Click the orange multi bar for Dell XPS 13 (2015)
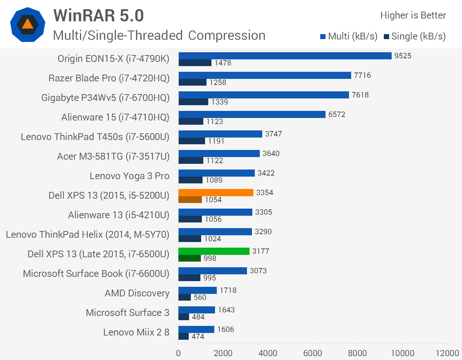[x=216, y=193]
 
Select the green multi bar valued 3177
[x=214, y=251]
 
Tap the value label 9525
[x=403, y=56]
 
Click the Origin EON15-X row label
[x=113, y=59]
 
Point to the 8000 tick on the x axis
[x=357, y=353]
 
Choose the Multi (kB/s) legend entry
[x=349, y=36]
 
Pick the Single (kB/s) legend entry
[x=415, y=36]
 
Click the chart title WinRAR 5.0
[x=98, y=16]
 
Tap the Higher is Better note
[x=413, y=15]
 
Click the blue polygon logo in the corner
[x=28, y=25]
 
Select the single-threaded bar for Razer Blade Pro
[x=192, y=82]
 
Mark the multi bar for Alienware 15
[x=252, y=114]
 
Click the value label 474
[x=198, y=337]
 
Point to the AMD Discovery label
[x=137, y=293]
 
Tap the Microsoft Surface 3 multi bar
[x=197, y=310]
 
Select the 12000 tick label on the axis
[x=447, y=353]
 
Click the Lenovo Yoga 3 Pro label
[x=129, y=176]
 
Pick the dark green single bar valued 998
[x=189, y=258]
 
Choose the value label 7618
[x=360, y=95]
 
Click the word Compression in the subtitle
[x=227, y=36]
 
